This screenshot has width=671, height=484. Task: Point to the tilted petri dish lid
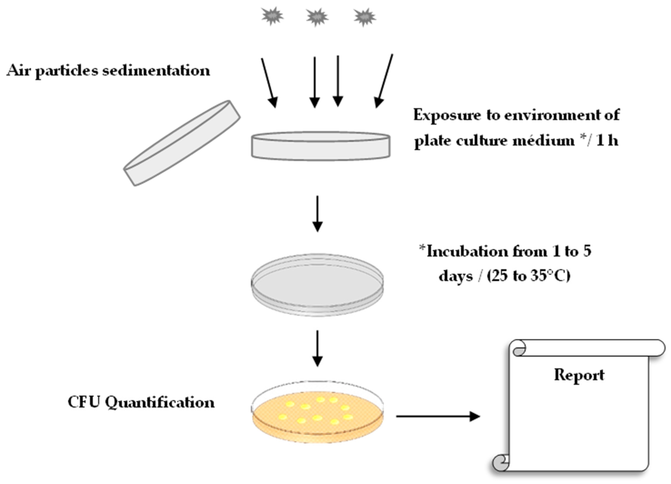tap(182, 143)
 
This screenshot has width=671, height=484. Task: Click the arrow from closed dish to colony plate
tap(317, 348)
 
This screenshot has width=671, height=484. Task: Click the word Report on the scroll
tap(579, 375)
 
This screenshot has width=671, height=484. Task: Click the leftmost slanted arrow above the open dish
tap(269, 83)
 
